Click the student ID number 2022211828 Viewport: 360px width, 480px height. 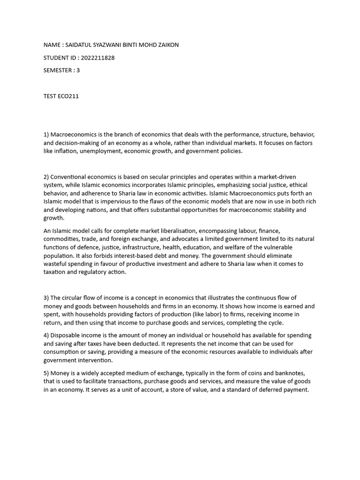click(x=97, y=58)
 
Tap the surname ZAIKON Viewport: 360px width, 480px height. click(x=168, y=45)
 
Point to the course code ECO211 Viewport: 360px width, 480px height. click(x=69, y=96)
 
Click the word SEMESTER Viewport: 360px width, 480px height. click(x=59, y=71)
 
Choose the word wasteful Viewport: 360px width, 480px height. click(x=55, y=264)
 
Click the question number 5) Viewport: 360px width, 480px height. click(x=46, y=373)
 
